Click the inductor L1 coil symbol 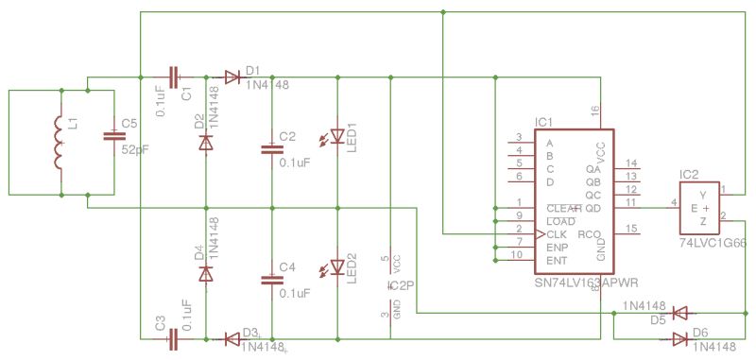point(59,144)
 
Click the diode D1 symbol point(232,77)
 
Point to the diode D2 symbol point(206,143)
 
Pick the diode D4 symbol point(206,273)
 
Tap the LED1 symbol point(337,137)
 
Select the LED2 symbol point(337,267)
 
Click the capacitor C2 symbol point(272,147)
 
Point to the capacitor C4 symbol point(272,278)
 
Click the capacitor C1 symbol point(173,77)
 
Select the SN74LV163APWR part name point(586,283)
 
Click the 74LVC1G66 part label point(712,243)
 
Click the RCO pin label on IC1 point(590,233)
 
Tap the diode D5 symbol point(679,311)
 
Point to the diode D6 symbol point(679,338)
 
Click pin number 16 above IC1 point(595,111)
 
